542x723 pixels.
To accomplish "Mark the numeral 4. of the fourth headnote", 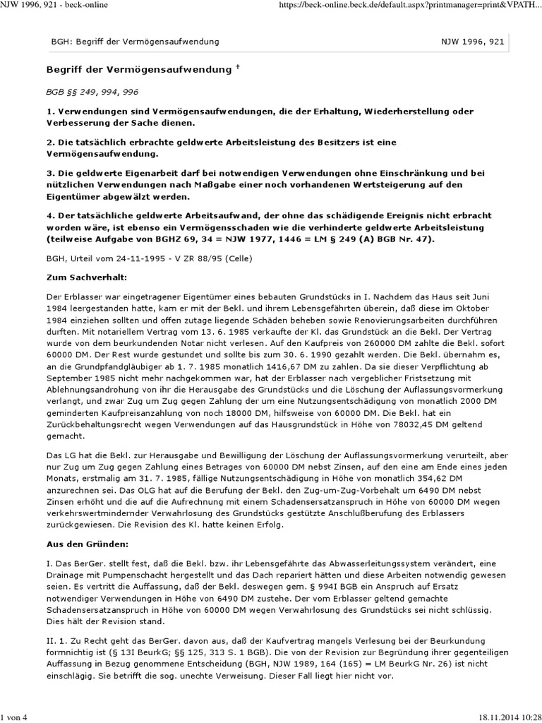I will (x=49, y=214).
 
